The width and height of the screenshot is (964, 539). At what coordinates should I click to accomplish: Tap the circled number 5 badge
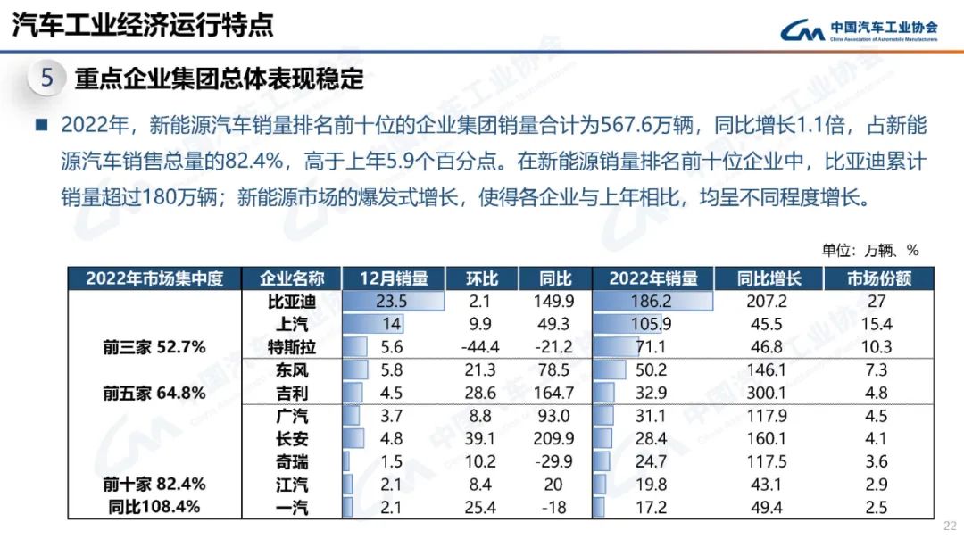(47, 79)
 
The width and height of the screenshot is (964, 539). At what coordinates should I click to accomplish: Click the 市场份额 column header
(879, 278)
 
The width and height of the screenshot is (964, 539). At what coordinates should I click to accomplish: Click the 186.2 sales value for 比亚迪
(652, 302)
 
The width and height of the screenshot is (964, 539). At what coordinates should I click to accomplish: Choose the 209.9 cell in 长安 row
(555, 438)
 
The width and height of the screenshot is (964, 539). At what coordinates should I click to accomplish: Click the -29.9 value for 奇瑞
(555, 461)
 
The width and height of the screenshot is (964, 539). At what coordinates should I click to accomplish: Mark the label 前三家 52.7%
(154, 347)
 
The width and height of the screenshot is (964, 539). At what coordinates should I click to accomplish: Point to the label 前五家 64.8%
(154, 393)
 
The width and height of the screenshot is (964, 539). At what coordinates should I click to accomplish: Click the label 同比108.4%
(154, 507)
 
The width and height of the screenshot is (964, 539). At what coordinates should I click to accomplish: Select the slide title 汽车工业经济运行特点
(143, 24)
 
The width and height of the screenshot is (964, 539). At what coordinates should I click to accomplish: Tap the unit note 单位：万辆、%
(869, 251)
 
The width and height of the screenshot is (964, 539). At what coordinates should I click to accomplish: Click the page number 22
(949, 526)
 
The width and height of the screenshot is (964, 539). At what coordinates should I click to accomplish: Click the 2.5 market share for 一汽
(877, 507)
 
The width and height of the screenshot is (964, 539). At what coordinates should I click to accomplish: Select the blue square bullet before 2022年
(40, 125)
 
